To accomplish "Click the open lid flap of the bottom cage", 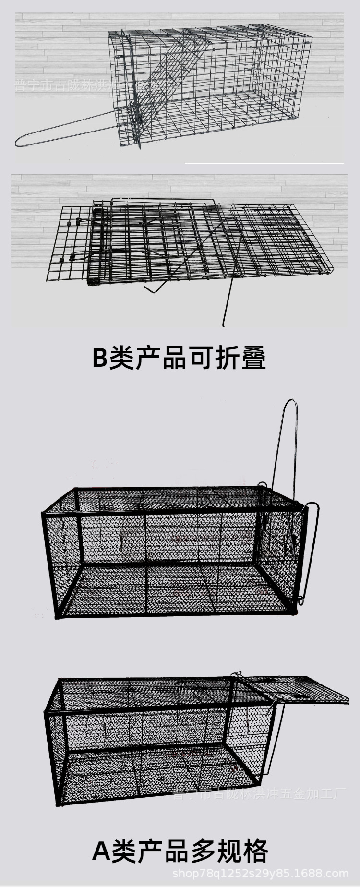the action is tap(298, 689).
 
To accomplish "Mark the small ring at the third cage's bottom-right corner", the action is tap(300, 600).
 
